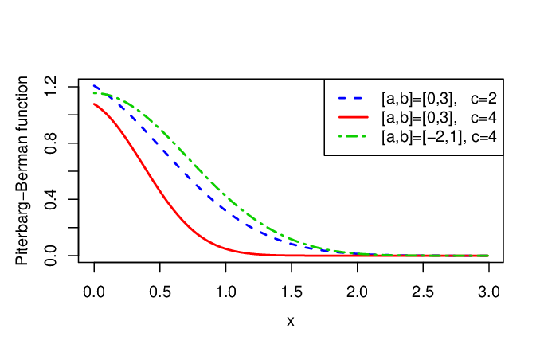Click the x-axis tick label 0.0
coord(94,292)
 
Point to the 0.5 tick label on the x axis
coord(160,292)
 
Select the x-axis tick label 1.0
coord(226,292)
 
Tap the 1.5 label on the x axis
coord(292,292)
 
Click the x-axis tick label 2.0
coord(357,292)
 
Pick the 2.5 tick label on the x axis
coord(423,292)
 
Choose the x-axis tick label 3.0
coord(489,292)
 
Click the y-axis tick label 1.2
coord(50,87)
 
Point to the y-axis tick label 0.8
coord(50,143)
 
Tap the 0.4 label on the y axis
coord(50,199)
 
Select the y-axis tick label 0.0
coord(50,256)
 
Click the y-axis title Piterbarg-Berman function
coord(22,170)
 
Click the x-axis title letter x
coord(291,322)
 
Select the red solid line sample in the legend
coord(353,118)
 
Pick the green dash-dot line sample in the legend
coord(352,137)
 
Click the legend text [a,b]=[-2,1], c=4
coord(439,137)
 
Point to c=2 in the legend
coord(483,99)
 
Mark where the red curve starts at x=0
coord(94,104)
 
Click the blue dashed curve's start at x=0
coord(94,85)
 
